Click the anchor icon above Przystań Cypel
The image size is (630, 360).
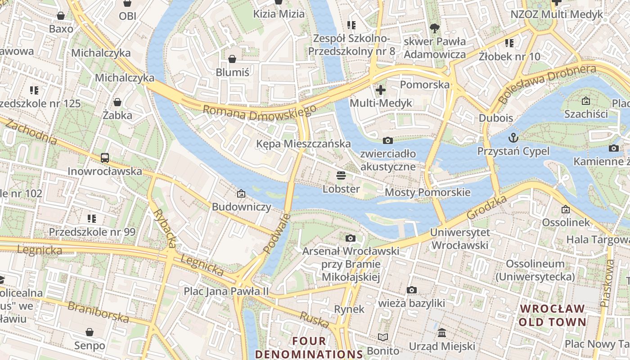[x=513, y=138]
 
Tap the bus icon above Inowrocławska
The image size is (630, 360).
[x=105, y=158]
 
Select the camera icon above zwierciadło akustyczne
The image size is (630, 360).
[x=387, y=141]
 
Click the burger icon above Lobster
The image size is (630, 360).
[x=341, y=175]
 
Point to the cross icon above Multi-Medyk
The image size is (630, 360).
[x=381, y=90]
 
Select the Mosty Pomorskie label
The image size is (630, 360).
[x=427, y=193]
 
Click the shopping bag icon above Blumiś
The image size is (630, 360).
[x=232, y=59]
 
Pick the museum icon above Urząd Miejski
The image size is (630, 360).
[x=442, y=333]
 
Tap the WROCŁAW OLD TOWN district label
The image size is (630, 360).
[x=553, y=315]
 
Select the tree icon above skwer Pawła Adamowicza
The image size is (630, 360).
[x=434, y=28]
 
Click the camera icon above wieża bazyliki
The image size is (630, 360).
[x=411, y=290]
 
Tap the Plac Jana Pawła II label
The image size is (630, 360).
[x=226, y=291]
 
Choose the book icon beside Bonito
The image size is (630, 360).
[x=383, y=337]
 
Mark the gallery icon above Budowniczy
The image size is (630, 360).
[x=241, y=194]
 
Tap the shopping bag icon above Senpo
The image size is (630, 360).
[x=90, y=333]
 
